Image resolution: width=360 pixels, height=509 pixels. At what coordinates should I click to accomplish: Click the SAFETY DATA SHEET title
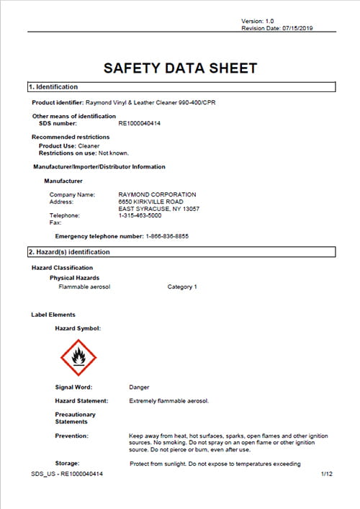180,68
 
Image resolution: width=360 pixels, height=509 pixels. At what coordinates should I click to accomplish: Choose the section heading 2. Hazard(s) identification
69,252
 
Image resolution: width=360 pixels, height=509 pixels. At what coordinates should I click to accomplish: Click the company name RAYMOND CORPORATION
157,194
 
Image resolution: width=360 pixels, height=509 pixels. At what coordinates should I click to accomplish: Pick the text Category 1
182,287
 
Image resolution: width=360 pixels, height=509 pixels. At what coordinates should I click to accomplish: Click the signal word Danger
139,387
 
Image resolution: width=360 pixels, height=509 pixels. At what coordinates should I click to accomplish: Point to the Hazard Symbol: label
78,328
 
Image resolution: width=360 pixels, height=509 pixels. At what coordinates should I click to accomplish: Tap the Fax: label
55,222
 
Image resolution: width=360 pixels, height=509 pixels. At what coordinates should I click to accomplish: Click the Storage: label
68,463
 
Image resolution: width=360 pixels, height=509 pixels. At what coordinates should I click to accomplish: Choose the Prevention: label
72,436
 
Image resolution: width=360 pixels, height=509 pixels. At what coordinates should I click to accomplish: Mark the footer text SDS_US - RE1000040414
67,474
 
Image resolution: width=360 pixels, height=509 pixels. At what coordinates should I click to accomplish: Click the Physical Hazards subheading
74,277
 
